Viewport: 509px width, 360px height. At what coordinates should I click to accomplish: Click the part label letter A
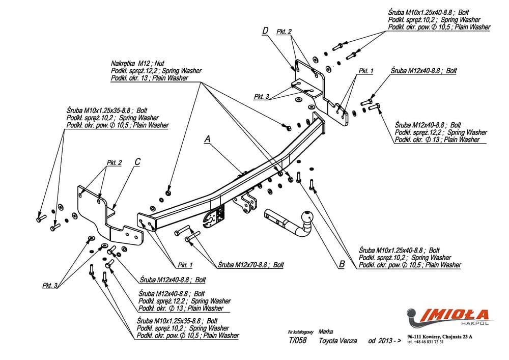[x=207, y=138]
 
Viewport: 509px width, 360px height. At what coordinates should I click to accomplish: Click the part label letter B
[x=342, y=264]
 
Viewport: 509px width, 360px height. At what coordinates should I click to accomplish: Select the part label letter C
[x=137, y=162]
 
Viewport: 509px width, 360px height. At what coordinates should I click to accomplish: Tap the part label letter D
[x=265, y=32]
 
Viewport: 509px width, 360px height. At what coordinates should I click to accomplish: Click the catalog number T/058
[x=297, y=341]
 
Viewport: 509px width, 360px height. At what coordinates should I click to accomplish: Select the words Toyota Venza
[x=337, y=341]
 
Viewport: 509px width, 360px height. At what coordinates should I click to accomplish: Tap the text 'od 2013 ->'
[x=381, y=341]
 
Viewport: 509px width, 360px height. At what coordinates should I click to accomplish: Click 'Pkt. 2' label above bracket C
[x=114, y=163]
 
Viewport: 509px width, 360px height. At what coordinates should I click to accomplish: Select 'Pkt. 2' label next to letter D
[x=284, y=32]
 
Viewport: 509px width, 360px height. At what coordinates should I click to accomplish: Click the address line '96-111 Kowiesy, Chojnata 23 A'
[x=440, y=337]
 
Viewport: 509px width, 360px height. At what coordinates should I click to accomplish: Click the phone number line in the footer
[x=426, y=342]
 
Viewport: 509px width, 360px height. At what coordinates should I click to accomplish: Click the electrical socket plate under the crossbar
[x=213, y=217]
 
